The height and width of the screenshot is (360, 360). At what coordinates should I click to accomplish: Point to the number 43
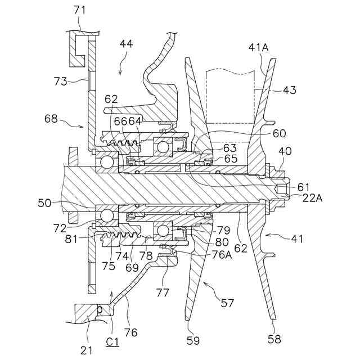(x=290, y=90)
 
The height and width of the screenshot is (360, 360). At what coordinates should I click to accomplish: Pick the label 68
(x=52, y=119)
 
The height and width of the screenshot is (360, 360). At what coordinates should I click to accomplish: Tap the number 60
(x=280, y=133)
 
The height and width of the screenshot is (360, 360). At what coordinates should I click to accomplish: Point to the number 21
(x=86, y=350)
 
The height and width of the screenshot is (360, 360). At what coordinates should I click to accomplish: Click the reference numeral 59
(x=193, y=340)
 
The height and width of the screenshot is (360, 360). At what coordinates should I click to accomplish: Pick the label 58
(x=274, y=340)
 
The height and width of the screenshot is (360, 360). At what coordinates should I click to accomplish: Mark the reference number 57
(x=228, y=303)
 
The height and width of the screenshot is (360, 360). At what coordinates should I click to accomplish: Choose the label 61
(x=304, y=186)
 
